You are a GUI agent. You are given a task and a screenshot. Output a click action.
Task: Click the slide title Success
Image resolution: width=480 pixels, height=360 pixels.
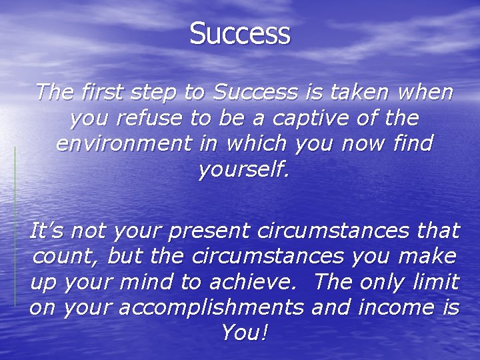point(240,33)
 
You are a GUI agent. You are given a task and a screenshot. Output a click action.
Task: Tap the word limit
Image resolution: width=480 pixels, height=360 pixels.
point(434,281)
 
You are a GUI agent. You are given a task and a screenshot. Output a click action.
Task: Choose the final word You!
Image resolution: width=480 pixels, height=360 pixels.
point(245,331)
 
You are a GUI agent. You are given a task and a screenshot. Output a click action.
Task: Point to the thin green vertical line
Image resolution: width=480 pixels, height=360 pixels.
point(15,227)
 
